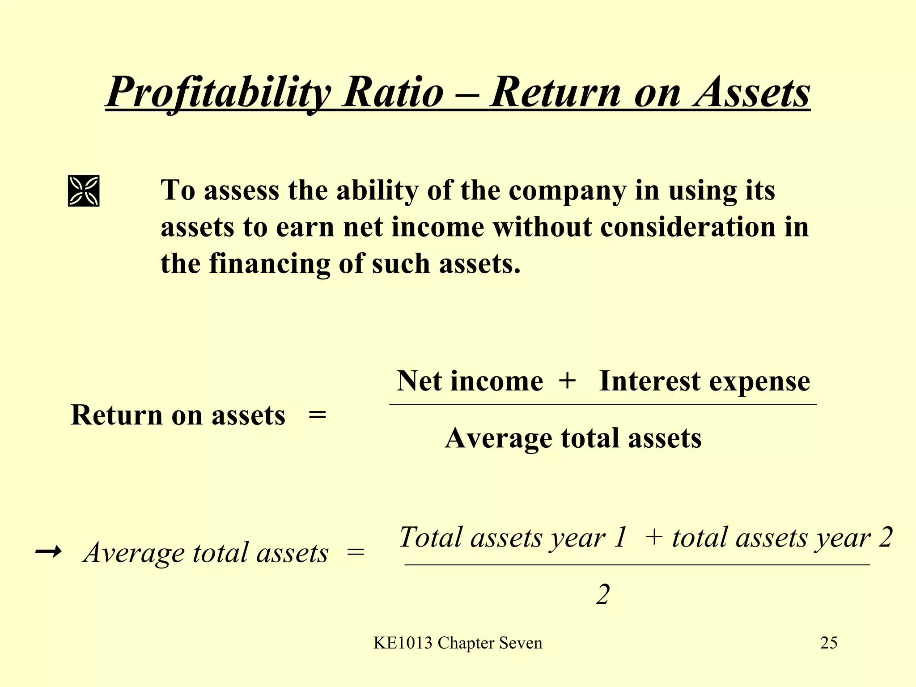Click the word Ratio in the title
(393, 92)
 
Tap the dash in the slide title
(467, 94)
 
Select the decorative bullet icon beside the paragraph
(84, 191)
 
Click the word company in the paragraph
(567, 191)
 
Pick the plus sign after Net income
(567, 381)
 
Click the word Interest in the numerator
(649, 381)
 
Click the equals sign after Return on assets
(317, 416)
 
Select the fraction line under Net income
(602, 404)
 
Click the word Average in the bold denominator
(498, 438)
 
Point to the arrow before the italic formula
(48, 552)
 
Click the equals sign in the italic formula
(356, 553)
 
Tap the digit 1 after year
(620, 537)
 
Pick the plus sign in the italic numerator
(654, 537)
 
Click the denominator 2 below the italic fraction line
(602, 595)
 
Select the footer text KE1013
(403, 643)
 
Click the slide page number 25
(828, 643)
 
